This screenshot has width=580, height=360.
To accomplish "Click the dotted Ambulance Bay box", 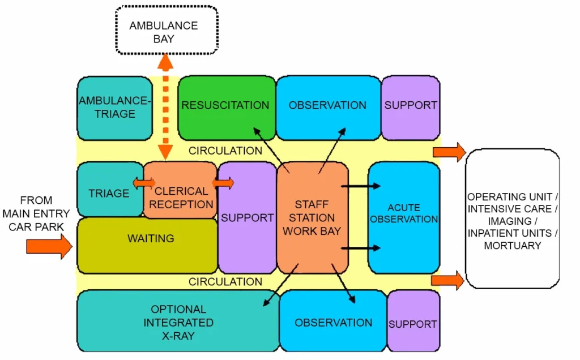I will coord(167,31).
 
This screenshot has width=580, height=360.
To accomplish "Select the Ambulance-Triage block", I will coord(114,108).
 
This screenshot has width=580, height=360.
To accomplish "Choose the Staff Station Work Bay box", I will coord(312,217).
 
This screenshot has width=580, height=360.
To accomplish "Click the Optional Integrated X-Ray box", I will coord(178,322).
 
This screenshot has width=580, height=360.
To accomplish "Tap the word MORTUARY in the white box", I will coord(512,246).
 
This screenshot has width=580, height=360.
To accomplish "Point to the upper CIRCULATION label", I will coord(225,151).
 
